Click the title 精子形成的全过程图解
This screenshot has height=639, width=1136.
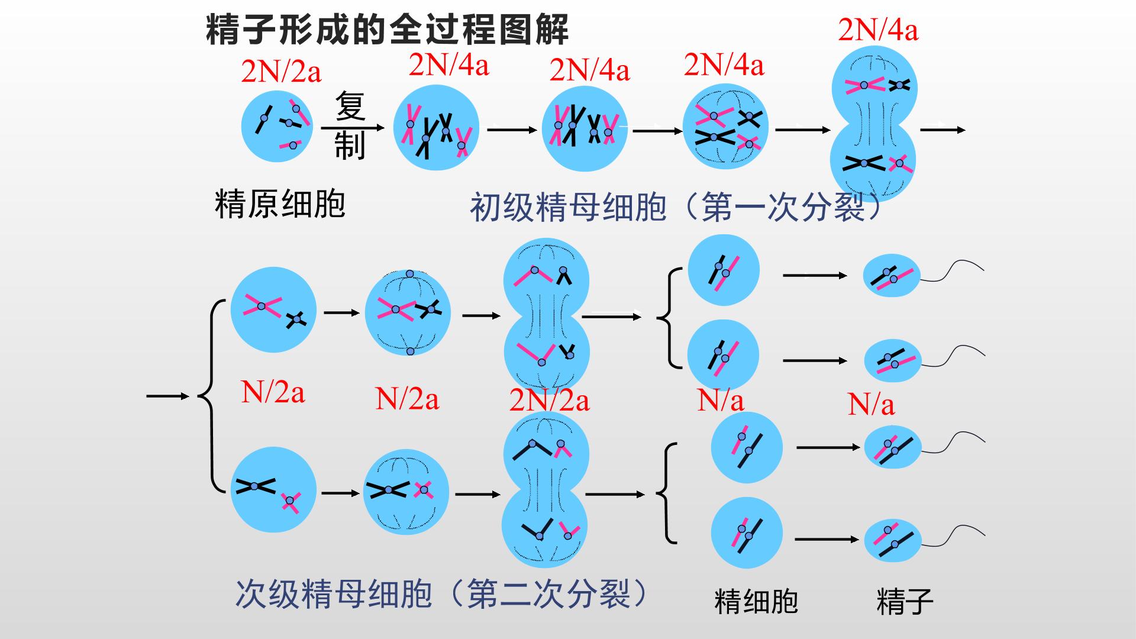click(x=387, y=30)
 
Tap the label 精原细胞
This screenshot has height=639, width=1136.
click(x=280, y=204)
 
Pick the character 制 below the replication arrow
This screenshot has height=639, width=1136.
click(x=350, y=146)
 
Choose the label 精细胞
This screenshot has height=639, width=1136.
click(x=756, y=601)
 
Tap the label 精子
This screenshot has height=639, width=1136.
click(x=905, y=601)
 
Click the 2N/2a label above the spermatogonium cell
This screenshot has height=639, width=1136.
click(x=281, y=72)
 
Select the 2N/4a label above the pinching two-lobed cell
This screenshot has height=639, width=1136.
click(x=878, y=30)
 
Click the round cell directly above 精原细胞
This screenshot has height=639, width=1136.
click(x=277, y=127)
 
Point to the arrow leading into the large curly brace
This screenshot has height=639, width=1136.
click(x=167, y=396)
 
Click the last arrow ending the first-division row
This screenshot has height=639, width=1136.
click(x=943, y=130)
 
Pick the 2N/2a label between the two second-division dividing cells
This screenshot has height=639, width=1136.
click(x=549, y=401)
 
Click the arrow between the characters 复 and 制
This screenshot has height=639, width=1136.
click(x=353, y=127)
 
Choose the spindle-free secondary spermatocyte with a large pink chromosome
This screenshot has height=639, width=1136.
click(x=273, y=310)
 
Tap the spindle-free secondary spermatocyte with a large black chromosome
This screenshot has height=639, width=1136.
click(x=273, y=490)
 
